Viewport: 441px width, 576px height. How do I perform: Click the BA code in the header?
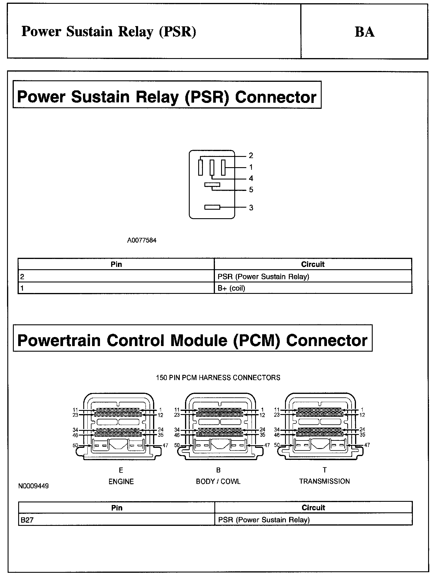[x=364, y=32]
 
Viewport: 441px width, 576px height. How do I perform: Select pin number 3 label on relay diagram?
[x=251, y=208]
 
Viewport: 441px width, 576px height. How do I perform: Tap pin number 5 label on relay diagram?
[x=251, y=190]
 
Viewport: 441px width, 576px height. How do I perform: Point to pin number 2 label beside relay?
[x=251, y=155]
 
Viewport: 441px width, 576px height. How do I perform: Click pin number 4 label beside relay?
[x=251, y=178]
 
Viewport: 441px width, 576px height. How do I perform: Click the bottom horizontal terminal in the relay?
[x=212, y=207]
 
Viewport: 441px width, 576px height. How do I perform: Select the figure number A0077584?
[x=142, y=240]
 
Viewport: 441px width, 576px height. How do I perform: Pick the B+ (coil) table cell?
[x=231, y=288]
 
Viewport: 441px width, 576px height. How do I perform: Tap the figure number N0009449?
[x=33, y=486]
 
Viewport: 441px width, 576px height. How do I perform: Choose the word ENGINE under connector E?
[x=121, y=482]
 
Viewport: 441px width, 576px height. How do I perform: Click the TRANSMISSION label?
[x=325, y=481]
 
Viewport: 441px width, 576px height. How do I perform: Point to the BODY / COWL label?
[x=218, y=482]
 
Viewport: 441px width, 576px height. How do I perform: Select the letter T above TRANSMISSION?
[x=325, y=470]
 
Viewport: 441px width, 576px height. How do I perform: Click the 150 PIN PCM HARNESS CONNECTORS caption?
[x=218, y=377]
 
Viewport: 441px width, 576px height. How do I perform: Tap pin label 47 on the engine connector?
[x=165, y=445]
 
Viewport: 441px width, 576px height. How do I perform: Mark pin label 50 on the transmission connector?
[x=277, y=445]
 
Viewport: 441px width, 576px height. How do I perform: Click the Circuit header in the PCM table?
[x=313, y=508]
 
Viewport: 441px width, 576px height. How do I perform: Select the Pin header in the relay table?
[x=116, y=264]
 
